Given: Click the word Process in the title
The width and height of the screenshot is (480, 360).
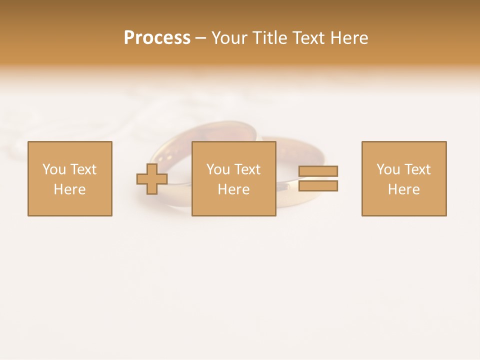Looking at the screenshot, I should coord(157,38).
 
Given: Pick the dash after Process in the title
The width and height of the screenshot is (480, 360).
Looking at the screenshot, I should coord(200,38).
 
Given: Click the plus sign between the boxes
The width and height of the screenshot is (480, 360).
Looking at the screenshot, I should coord(152,178).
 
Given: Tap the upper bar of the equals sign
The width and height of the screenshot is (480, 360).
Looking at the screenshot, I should coord(318,171).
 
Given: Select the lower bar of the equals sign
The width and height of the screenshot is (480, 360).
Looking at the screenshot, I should coord(318,186).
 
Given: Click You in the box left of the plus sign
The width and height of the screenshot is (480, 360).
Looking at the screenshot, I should coord(54,169).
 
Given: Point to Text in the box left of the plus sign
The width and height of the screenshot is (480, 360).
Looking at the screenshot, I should coord(82,169).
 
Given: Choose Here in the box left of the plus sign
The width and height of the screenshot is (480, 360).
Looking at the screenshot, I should coord(69,189).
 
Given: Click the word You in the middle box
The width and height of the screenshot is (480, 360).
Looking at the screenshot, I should coord(218,169).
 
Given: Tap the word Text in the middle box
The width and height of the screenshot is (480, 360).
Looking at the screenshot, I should coord(246,169).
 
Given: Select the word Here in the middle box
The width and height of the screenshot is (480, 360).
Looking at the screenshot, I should coord(233,189).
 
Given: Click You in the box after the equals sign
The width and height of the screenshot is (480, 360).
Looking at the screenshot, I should coord(388,169).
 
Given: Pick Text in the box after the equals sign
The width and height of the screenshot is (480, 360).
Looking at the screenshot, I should coord(416,169).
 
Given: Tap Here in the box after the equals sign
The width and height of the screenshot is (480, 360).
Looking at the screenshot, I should coord(403,189).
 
